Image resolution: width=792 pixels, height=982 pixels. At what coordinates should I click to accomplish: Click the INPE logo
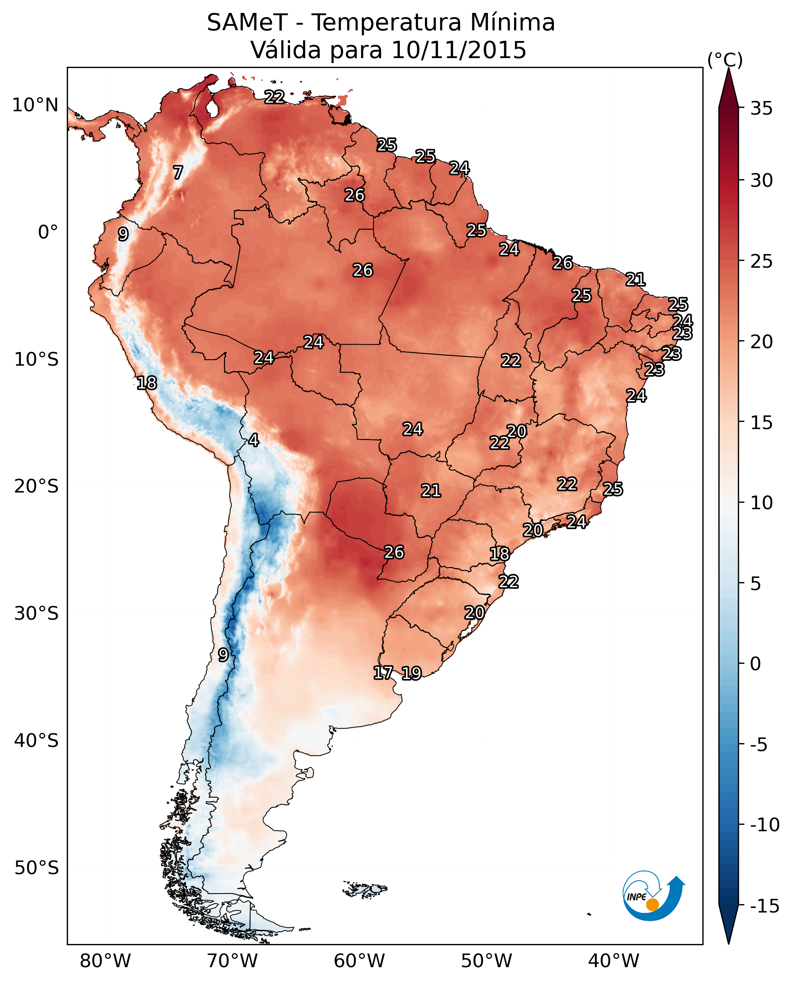(653, 897)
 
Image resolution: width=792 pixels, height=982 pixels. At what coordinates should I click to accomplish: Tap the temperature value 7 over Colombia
(178, 172)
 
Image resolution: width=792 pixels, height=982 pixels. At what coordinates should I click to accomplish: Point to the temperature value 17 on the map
(383, 673)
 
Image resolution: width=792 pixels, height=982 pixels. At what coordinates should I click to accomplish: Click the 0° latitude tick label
(48, 232)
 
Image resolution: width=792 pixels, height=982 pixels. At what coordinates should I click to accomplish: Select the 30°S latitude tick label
(36, 614)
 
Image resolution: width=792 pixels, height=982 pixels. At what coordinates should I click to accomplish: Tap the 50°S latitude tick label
(36, 867)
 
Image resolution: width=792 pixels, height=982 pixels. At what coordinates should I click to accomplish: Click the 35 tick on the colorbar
(761, 109)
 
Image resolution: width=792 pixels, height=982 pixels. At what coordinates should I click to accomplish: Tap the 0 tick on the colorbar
(756, 663)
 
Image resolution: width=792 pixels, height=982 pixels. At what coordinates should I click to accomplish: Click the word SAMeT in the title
(247, 23)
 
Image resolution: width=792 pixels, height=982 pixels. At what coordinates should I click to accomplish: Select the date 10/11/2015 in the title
(459, 50)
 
